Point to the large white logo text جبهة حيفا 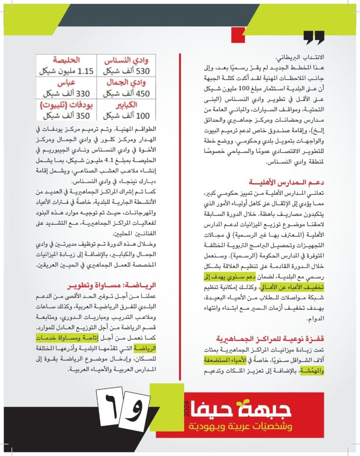click(243, 410)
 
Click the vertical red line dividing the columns click(180, 220)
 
